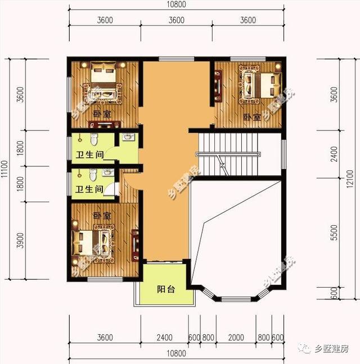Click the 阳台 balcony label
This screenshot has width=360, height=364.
(165, 290)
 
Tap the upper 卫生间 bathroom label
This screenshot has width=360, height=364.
(88, 156)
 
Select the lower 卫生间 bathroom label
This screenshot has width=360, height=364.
(88, 190)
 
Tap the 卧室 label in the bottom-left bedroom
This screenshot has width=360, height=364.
(102, 216)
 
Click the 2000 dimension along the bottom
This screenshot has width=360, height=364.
(237, 338)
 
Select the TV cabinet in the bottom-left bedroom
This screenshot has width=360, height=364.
(134, 244)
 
